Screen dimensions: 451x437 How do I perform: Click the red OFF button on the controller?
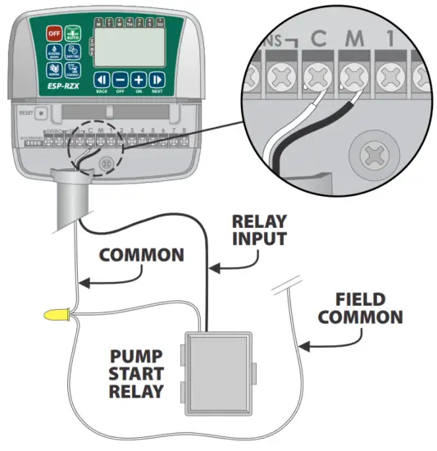click(x=54, y=33)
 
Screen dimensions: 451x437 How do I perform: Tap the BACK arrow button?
click(x=102, y=80)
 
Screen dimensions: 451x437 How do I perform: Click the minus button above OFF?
click(x=121, y=80)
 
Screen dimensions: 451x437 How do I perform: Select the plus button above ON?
click(x=139, y=80)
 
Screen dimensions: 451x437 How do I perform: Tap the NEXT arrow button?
click(x=157, y=80)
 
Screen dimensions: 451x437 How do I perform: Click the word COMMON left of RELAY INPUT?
click(x=140, y=254)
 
